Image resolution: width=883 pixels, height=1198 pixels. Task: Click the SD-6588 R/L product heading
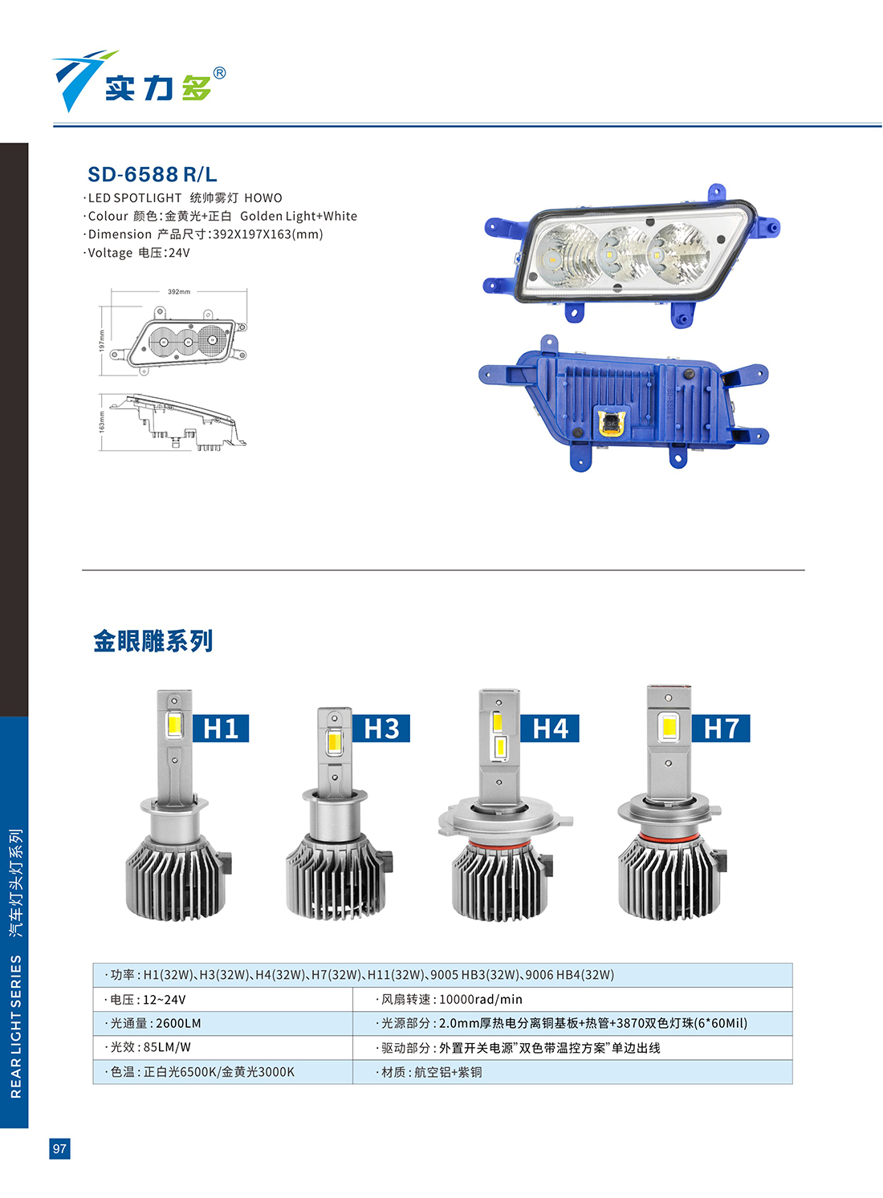coord(152,174)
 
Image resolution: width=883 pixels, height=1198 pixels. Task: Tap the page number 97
coord(59,1148)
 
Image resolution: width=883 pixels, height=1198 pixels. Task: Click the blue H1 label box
coord(221,729)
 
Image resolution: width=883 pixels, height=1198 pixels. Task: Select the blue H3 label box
coord(381,729)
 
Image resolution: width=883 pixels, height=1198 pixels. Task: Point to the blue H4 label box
coord(550,729)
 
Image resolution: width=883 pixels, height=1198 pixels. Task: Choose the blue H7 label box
coord(720,729)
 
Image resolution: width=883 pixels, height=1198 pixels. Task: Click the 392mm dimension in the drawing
coord(179,292)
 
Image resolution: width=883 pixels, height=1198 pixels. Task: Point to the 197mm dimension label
coord(102,340)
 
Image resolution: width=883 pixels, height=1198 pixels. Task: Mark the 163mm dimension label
coord(102,422)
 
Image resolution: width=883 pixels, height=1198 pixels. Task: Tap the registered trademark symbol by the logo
coord(219,73)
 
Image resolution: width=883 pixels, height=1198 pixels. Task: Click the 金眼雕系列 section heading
coord(153,640)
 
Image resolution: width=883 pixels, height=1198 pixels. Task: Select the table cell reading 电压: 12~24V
coord(222,999)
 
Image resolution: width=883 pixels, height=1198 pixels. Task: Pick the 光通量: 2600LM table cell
coord(222,1023)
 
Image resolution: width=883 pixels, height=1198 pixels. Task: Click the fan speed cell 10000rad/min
coord(572,999)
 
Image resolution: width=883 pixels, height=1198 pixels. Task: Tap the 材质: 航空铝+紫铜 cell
coord(572,1072)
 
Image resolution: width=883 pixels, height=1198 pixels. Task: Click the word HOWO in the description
coord(262,198)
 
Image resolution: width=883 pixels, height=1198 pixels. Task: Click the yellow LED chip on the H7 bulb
coord(668,727)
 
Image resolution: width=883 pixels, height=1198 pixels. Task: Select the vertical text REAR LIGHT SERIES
coord(16,1026)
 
